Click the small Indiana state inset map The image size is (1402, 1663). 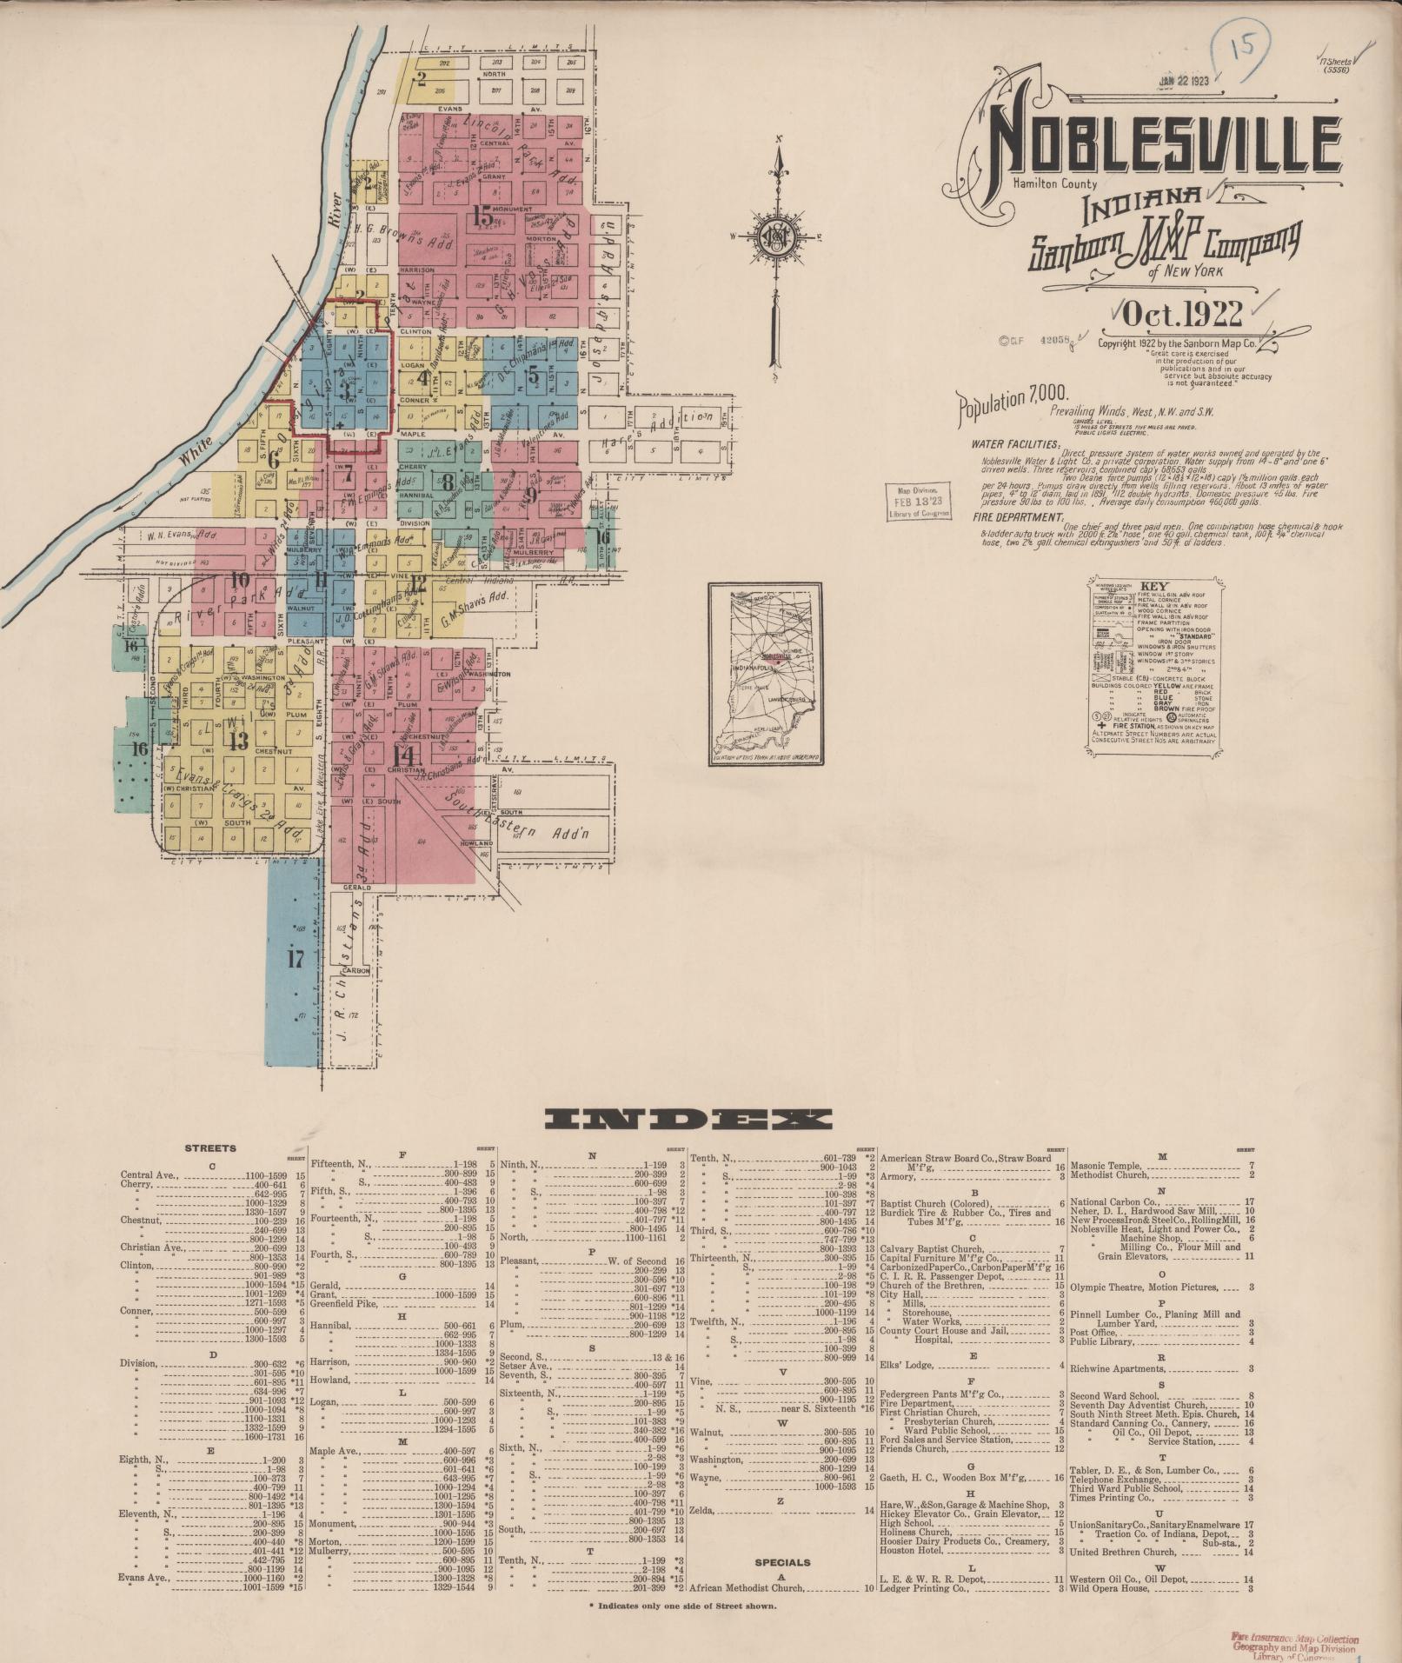[x=764, y=674]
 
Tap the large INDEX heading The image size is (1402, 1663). [x=690, y=1119]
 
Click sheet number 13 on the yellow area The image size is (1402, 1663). [x=236, y=740]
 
